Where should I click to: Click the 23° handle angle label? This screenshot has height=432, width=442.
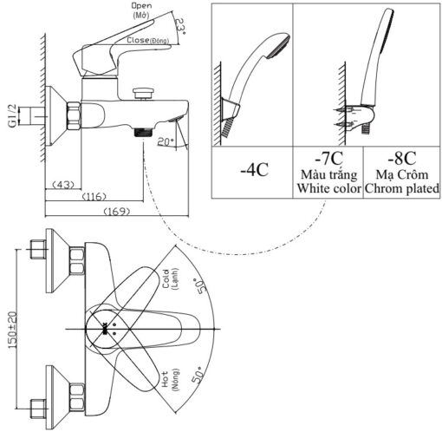click(x=181, y=27)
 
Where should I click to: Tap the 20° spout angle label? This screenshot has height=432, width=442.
click(x=166, y=141)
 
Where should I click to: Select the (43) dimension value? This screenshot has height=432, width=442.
click(x=63, y=184)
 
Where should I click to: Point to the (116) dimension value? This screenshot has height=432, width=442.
click(x=94, y=197)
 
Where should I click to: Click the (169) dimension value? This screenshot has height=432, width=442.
click(x=117, y=212)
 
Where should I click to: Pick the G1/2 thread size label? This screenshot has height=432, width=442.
click(x=13, y=116)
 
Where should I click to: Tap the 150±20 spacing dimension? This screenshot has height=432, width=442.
click(x=13, y=330)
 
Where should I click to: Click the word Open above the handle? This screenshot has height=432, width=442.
click(x=141, y=5)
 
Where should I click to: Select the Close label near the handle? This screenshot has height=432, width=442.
click(x=138, y=40)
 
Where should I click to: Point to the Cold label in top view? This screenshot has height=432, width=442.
click(x=166, y=279)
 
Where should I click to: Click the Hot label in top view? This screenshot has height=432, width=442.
click(x=166, y=379)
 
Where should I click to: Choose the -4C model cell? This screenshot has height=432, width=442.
click(x=255, y=170)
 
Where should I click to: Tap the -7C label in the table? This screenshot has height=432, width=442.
click(x=328, y=158)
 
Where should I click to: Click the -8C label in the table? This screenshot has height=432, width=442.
click(x=402, y=158)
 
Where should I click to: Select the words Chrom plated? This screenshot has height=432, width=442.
click(x=402, y=188)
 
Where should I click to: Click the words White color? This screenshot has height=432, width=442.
click(x=329, y=188)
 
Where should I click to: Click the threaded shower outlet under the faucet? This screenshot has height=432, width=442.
click(x=143, y=132)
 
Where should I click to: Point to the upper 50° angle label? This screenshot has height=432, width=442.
click(x=199, y=285)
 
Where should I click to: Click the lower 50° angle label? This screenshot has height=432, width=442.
click(x=198, y=375)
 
